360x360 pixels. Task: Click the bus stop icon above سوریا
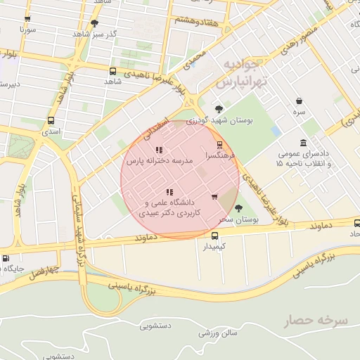tap(28, 20)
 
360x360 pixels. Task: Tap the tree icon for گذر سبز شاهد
tap(94, 22)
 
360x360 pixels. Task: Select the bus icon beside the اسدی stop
tap(51, 120)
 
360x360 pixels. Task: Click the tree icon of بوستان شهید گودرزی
tap(219, 108)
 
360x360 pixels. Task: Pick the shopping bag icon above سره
tap(300, 101)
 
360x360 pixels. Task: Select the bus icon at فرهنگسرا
tap(220, 144)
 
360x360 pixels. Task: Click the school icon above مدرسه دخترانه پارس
tap(159, 150)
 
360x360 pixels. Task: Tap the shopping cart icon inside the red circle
tap(214, 196)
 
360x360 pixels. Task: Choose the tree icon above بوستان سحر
tap(239, 207)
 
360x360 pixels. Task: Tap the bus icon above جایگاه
tap(6, 258)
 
